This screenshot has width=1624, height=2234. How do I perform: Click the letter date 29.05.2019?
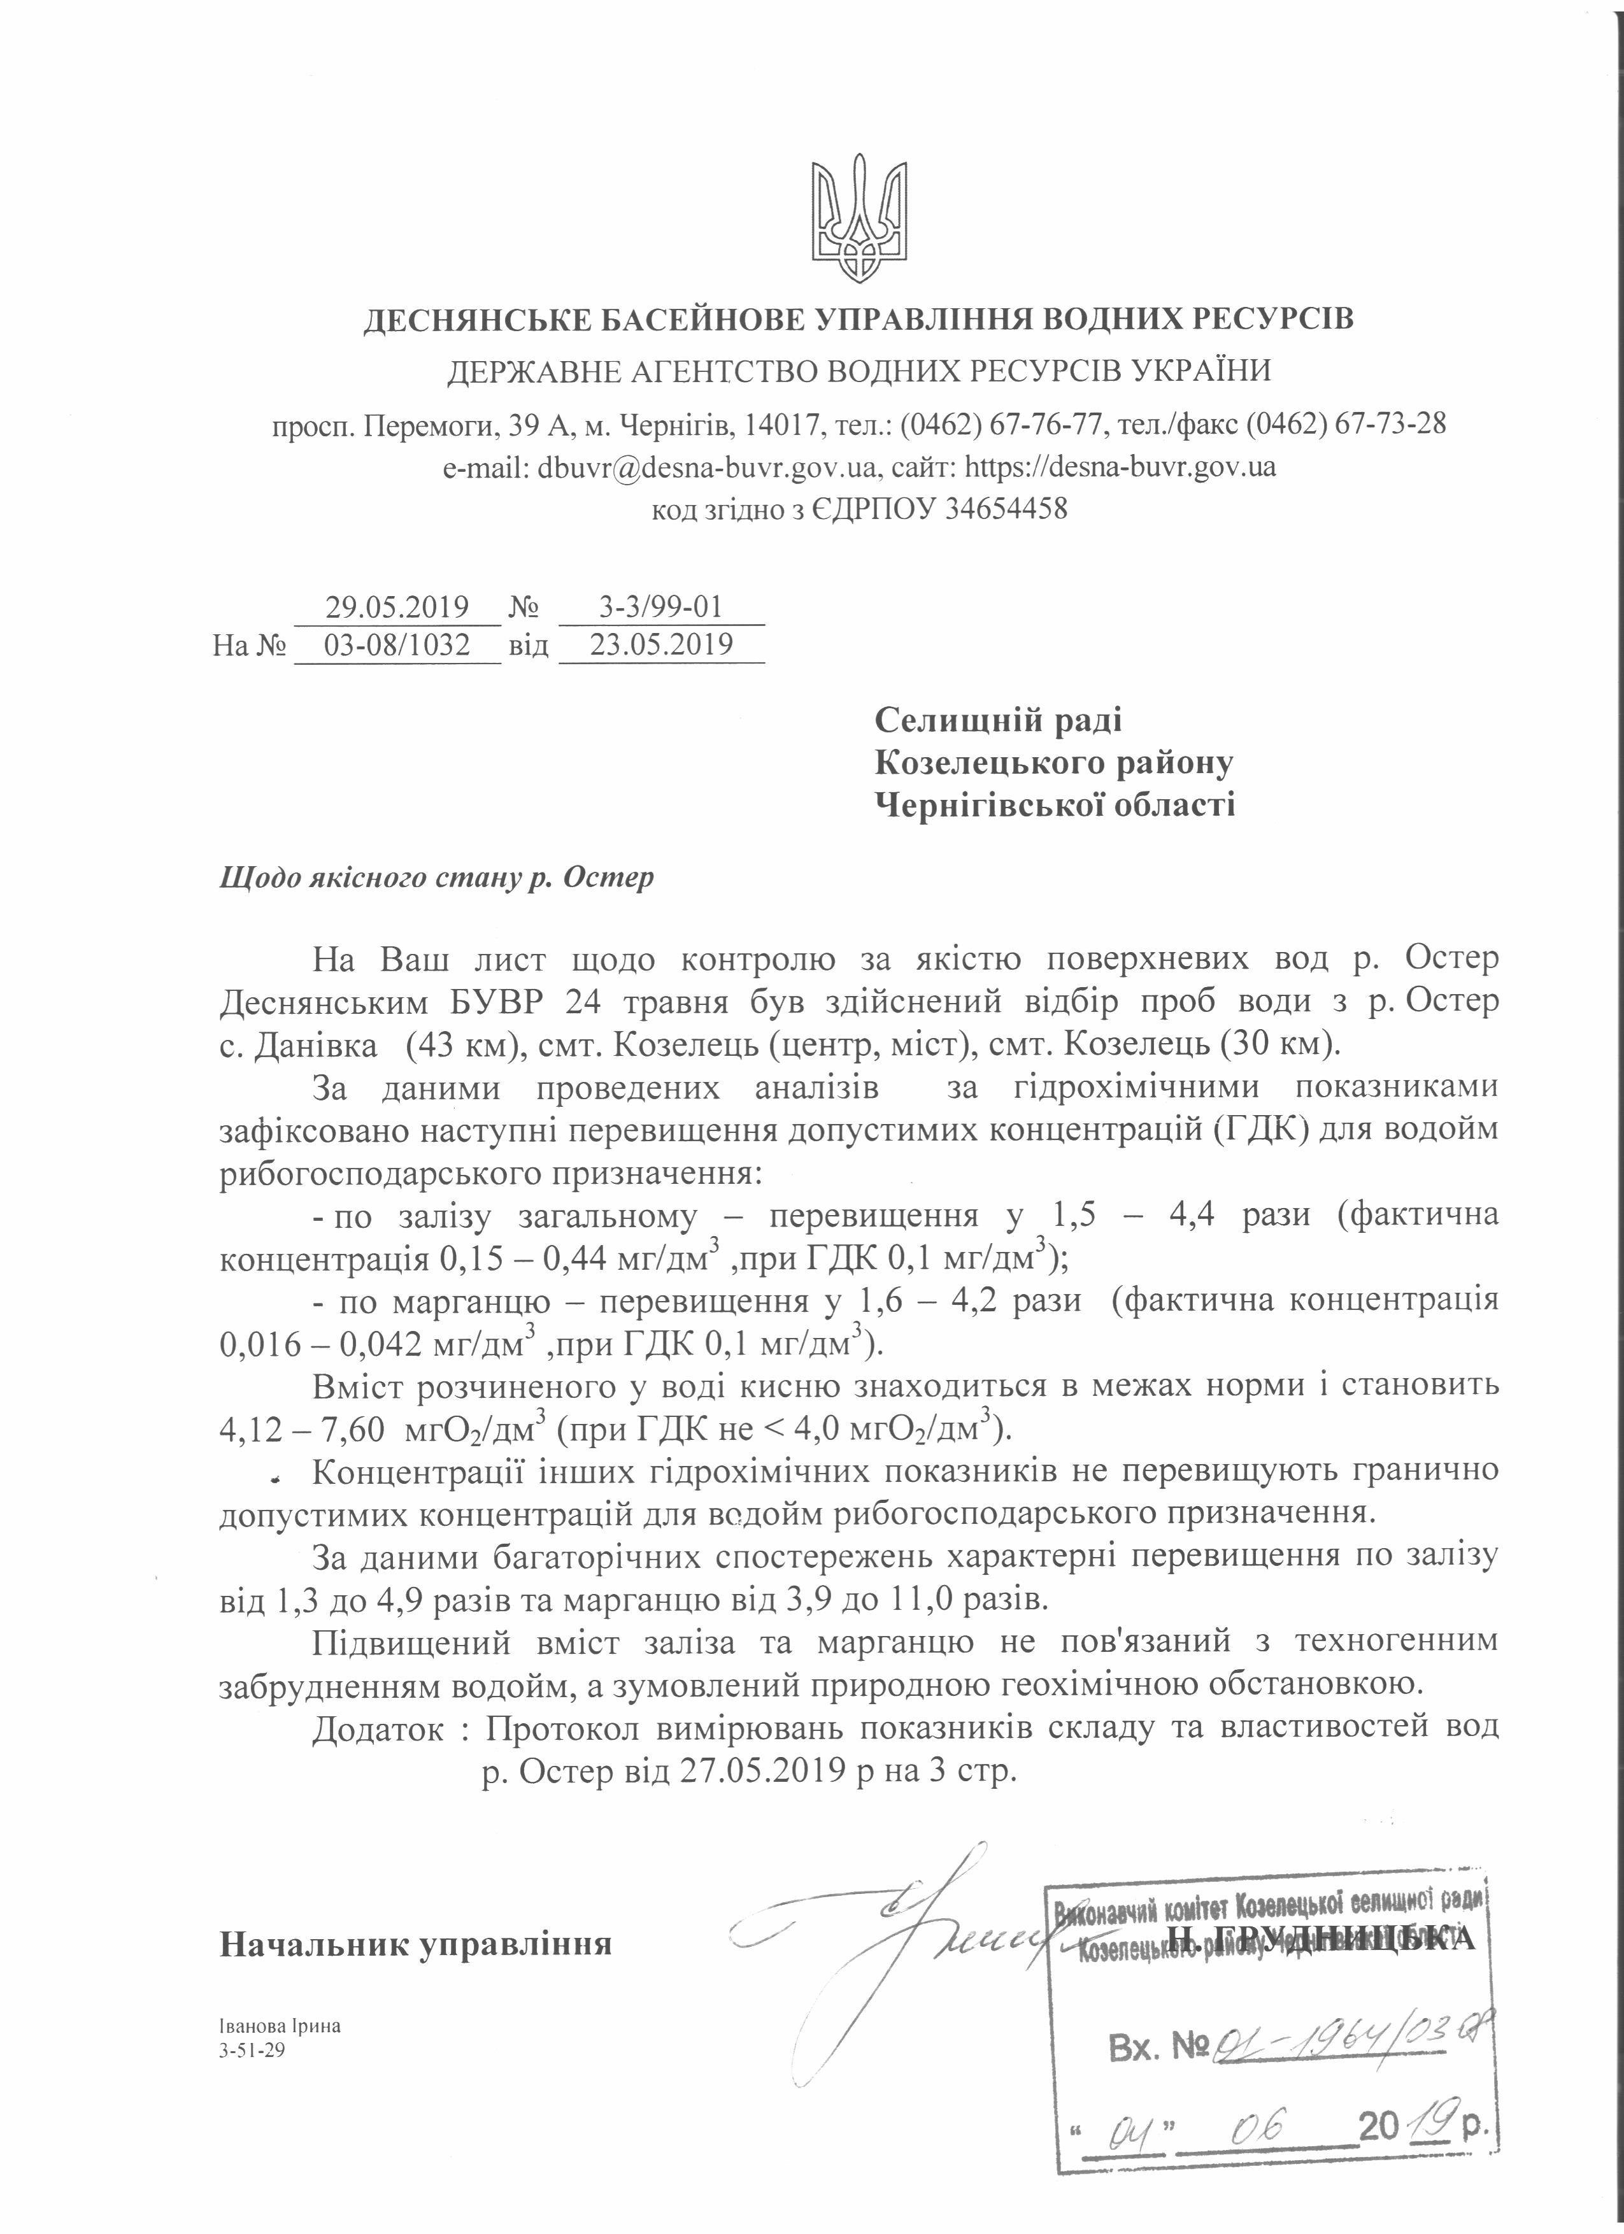pyautogui.click(x=397, y=606)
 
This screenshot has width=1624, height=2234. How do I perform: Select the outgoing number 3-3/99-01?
pyautogui.click(x=661, y=606)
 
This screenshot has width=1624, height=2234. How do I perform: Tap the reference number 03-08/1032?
pyautogui.click(x=397, y=644)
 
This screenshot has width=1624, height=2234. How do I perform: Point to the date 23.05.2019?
pyautogui.click(x=661, y=644)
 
